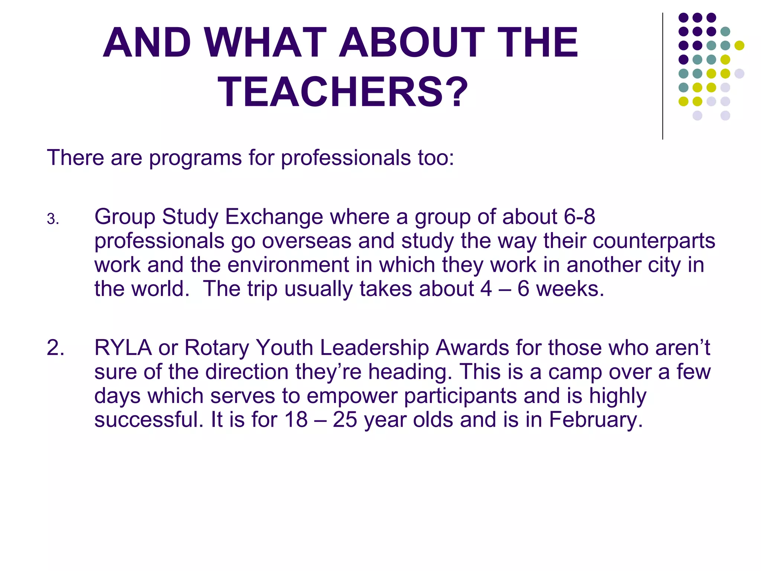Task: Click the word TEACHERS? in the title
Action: pyautogui.click(x=343, y=92)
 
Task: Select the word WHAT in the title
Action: pyautogui.click(x=265, y=42)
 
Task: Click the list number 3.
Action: pyautogui.click(x=53, y=219)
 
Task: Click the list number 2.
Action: pyautogui.click(x=55, y=348)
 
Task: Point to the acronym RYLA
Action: pyautogui.click(x=123, y=348)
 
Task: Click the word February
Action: pyautogui.click(x=595, y=420)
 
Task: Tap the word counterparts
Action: pyautogui.click(x=654, y=241)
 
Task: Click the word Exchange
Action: pyautogui.click(x=274, y=217)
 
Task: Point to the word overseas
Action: pyautogui.click(x=307, y=241)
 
